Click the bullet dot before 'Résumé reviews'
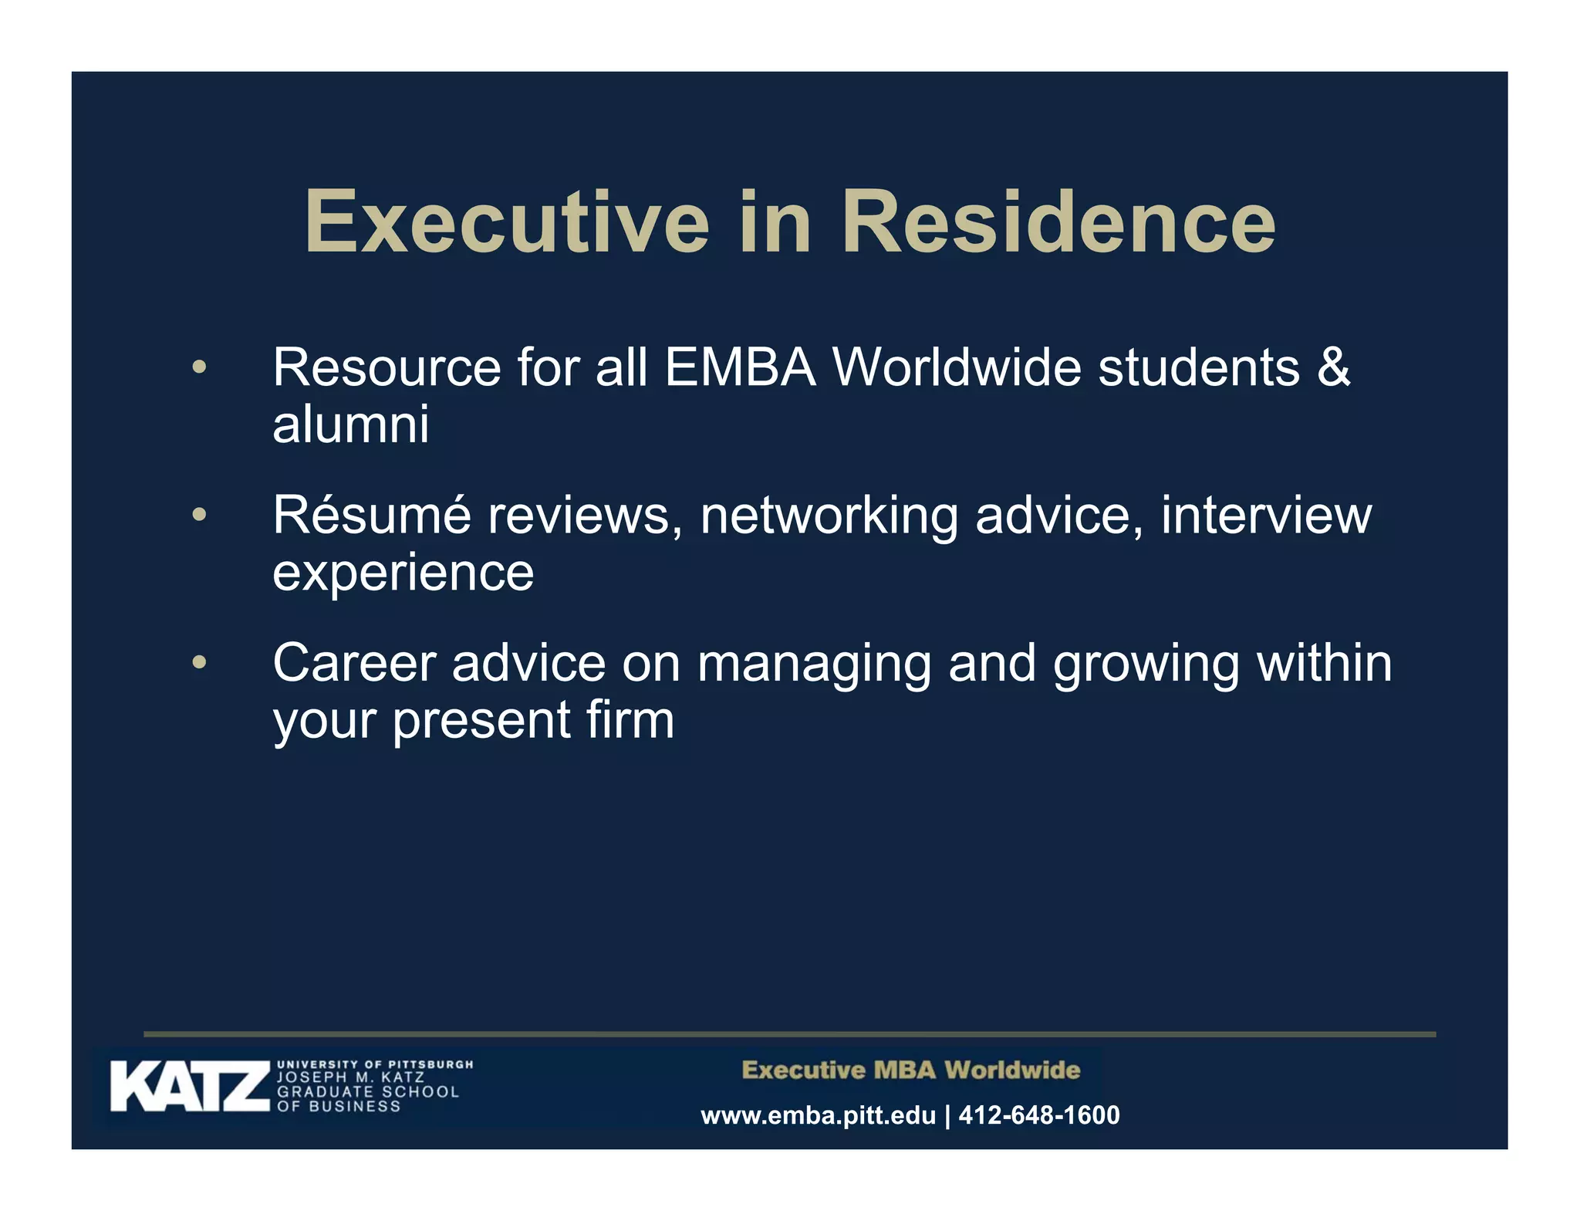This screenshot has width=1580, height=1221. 199,514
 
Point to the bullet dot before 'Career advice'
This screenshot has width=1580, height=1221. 199,662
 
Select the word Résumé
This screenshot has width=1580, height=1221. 371,515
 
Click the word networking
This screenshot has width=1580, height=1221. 829,516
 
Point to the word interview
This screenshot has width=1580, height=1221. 1266,515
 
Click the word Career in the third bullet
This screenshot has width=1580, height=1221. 354,663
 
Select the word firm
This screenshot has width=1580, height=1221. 630,720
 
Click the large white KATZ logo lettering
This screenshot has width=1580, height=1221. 190,1087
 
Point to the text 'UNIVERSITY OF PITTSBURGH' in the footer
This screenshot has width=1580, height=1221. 375,1064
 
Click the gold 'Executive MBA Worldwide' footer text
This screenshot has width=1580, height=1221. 910,1070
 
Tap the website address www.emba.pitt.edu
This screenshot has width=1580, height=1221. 818,1115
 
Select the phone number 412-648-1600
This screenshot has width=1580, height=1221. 1038,1115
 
